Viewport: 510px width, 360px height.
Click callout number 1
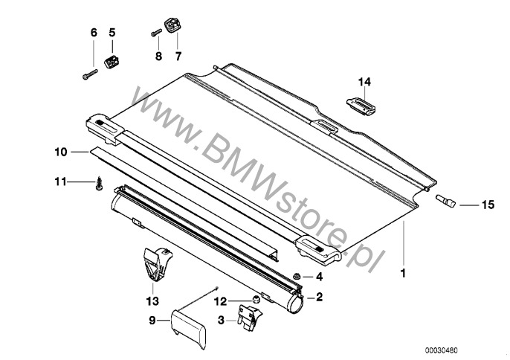tap(402, 274)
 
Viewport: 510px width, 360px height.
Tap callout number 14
tap(363, 80)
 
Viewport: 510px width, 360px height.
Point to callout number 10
tap(60, 152)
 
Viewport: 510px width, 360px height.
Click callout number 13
tap(152, 300)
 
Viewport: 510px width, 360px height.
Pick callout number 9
tap(153, 322)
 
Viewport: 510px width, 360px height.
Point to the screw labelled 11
tap(97, 182)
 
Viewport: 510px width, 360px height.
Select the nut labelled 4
tap(296, 277)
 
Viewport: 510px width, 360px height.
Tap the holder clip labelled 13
tap(155, 264)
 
